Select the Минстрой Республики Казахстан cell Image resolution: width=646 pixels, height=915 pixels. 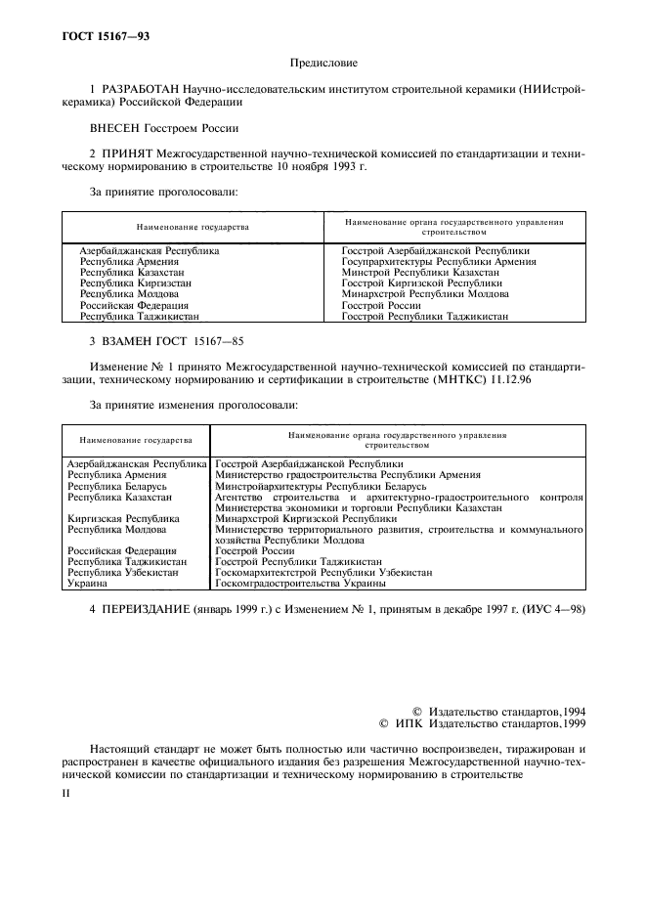click(x=420, y=272)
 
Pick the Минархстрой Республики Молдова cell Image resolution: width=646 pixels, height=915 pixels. click(x=425, y=293)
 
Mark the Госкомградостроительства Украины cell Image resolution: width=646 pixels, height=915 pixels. click(x=300, y=584)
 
